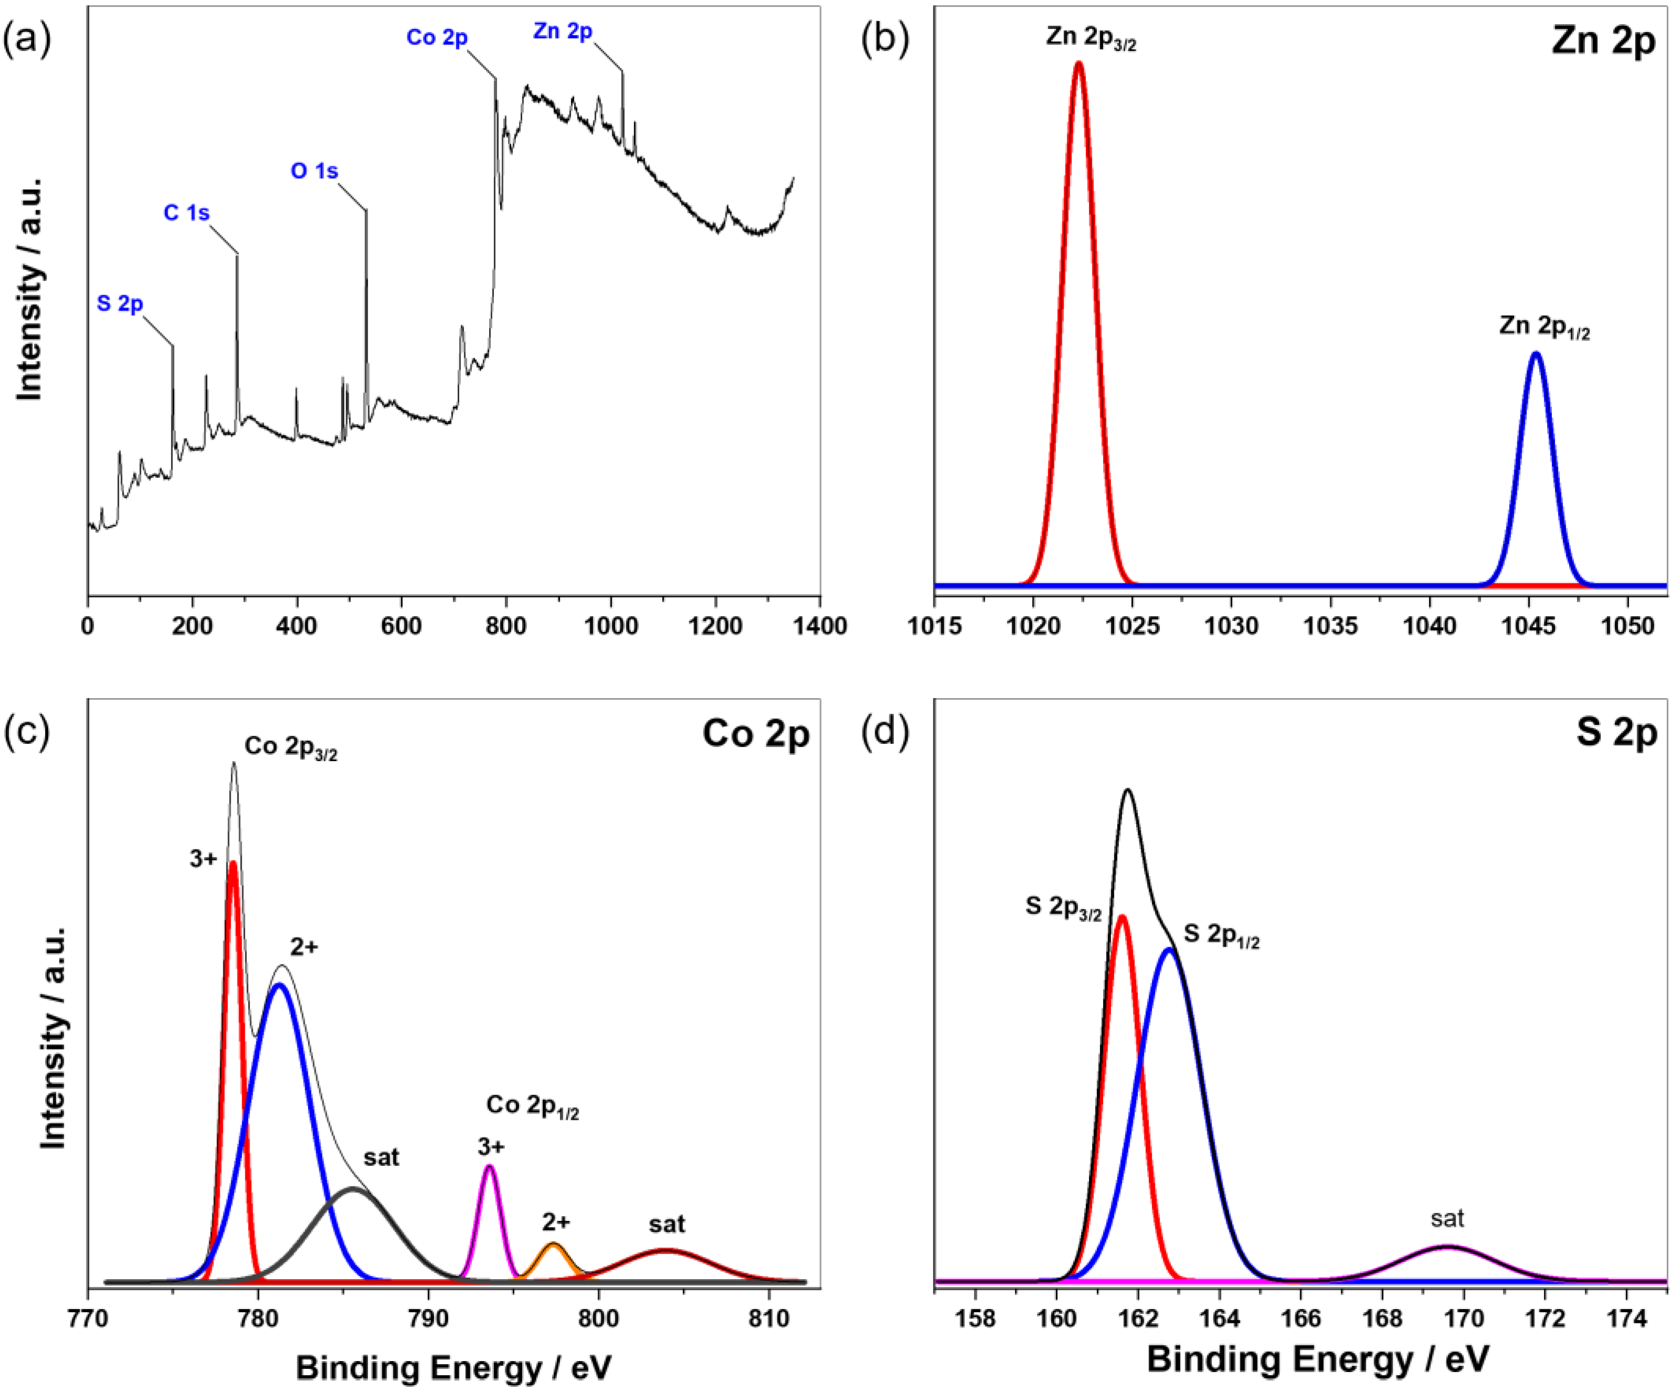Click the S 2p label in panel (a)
[x=120, y=304]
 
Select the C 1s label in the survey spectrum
[x=187, y=213]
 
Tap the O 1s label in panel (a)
[x=314, y=172]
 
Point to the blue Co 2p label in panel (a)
[x=437, y=37]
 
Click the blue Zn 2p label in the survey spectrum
[x=563, y=31]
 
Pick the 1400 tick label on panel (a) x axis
[x=820, y=626]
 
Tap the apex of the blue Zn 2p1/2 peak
[x=1536, y=355]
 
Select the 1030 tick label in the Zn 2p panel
[x=1231, y=626]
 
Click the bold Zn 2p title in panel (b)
[x=1603, y=40]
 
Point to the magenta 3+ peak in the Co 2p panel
[x=490, y=1168]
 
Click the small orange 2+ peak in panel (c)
[x=555, y=1245]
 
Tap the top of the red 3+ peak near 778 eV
[x=233, y=863]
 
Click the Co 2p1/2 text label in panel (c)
[x=532, y=1106]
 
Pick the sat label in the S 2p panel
[x=1447, y=1218]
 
